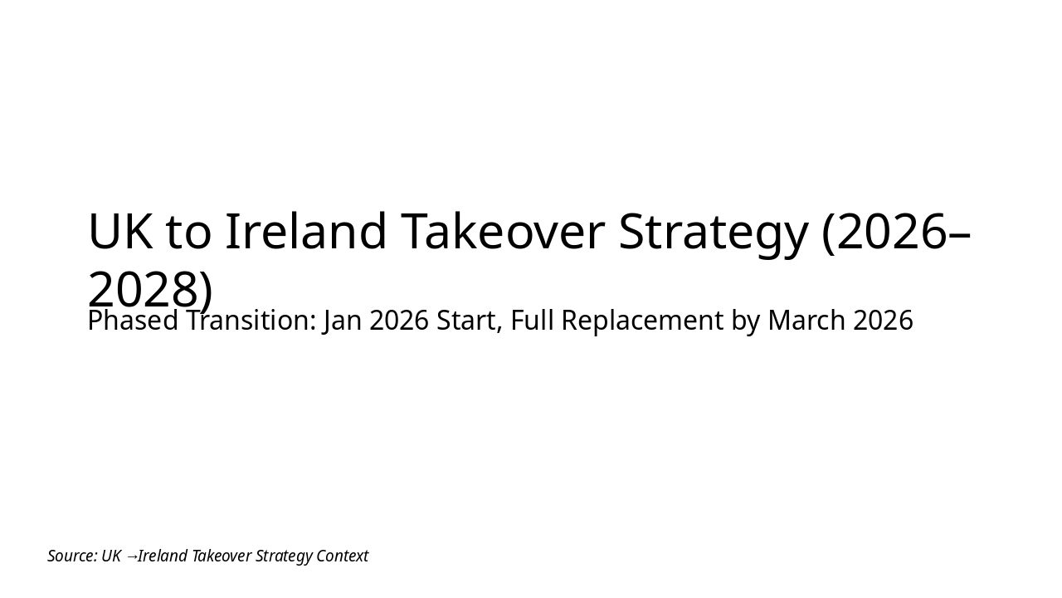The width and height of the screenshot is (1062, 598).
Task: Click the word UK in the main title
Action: (119, 232)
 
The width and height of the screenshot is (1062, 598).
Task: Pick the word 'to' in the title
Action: (188, 232)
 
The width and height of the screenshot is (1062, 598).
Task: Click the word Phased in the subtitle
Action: (133, 321)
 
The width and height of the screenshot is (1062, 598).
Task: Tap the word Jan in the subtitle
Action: (343, 321)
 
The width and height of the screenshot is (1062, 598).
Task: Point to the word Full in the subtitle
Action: (532, 321)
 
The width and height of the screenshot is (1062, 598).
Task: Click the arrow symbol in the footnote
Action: (131, 556)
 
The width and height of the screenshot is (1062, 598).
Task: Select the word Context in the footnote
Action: (342, 556)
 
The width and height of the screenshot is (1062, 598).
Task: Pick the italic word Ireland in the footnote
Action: (163, 556)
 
